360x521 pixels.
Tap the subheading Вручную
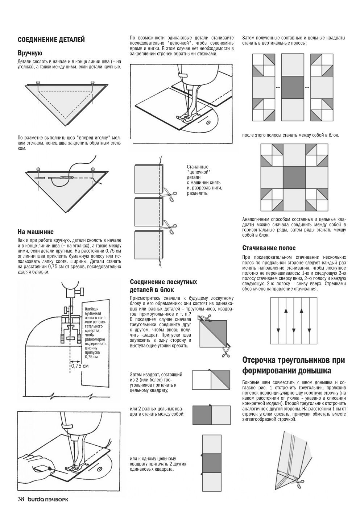tap(30, 53)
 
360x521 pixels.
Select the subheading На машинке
tap(36, 232)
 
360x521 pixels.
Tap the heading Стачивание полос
tap(269, 248)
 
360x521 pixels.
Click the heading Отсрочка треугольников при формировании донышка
tap(293, 366)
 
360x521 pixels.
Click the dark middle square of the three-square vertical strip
tap(211, 463)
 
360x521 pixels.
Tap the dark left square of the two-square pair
tap(202, 415)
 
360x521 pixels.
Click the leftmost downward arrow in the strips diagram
tap(278, 330)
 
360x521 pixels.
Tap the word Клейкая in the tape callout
tap(91, 308)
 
